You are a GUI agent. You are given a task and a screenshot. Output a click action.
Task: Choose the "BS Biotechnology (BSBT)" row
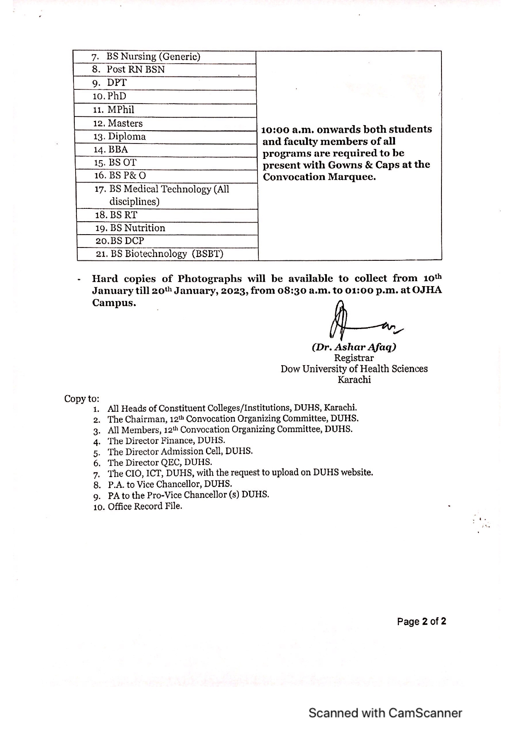click(x=167, y=254)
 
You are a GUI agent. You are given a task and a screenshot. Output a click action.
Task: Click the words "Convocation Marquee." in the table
click(x=319, y=177)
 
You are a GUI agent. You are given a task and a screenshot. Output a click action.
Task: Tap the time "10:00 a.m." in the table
click(x=287, y=129)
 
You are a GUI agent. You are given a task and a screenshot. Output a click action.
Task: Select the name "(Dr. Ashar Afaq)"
click(x=354, y=347)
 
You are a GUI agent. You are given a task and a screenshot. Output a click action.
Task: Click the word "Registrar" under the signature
click(x=354, y=358)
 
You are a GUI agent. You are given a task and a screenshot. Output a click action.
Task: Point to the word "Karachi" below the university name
click(x=354, y=379)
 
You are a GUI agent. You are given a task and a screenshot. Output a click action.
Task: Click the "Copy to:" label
click(x=81, y=398)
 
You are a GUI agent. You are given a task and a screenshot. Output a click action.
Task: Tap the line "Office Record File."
click(x=145, y=506)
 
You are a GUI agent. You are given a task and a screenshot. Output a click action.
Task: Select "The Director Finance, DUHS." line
click(x=166, y=440)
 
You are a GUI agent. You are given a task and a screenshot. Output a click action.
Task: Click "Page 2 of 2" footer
click(x=421, y=621)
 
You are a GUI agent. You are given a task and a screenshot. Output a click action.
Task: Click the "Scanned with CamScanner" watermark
click(x=385, y=713)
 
